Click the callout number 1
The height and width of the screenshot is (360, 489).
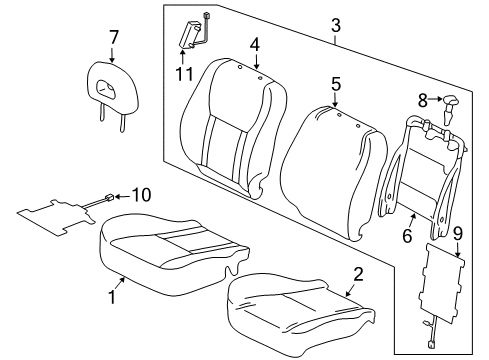(x=111, y=298)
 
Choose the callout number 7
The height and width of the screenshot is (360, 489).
(x=114, y=39)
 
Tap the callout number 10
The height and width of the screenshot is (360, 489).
(x=141, y=196)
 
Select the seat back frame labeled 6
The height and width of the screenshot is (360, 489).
(x=419, y=170)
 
